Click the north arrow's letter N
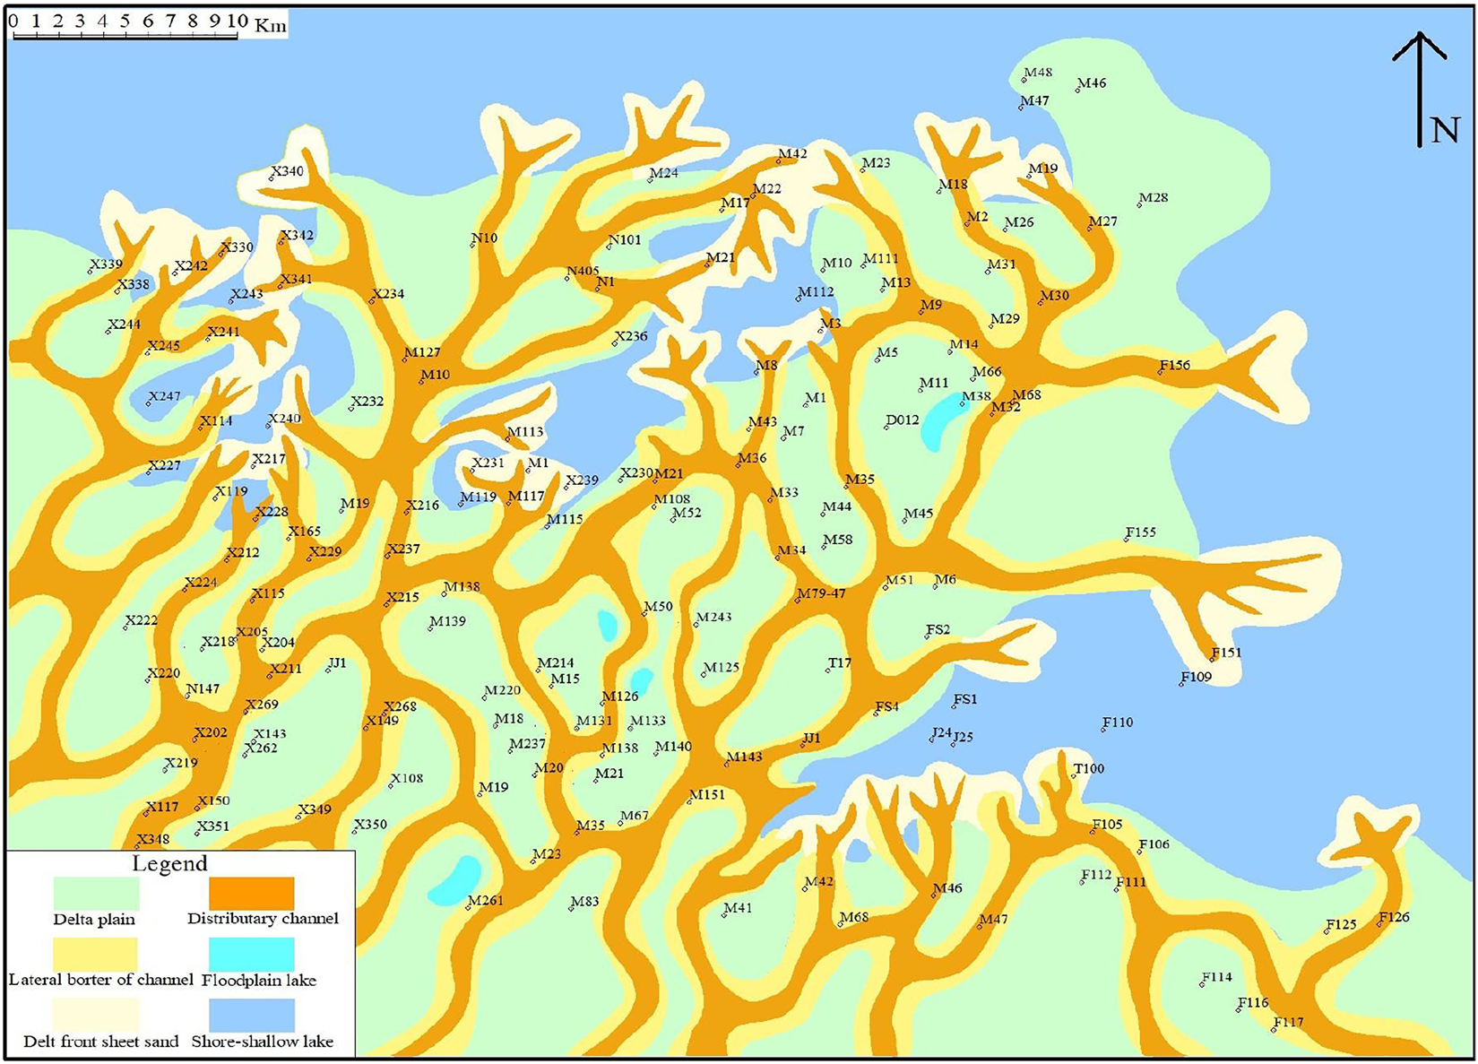(1444, 131)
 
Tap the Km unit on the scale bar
(271, 24)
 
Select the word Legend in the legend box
(169, 864)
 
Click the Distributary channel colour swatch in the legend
(251, 894)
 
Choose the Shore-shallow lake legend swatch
(251, 1016)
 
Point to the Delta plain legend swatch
(96, 894)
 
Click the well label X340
(288, 171)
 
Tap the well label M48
(1038, 73)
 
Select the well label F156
(1175, 365)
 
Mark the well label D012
(903, 420)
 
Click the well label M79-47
(822, 593)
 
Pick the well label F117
(1288, 1022)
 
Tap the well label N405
(583, 272)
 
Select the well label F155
(1141, 532)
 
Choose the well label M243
(714, 617)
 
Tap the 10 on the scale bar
(237, 21)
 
